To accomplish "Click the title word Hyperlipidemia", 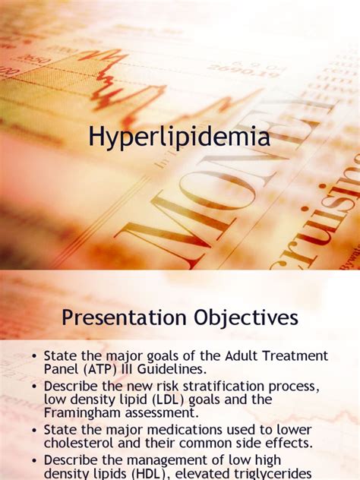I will [178, 139].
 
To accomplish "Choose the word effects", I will [288, 444].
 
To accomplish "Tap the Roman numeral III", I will [127, 368].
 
